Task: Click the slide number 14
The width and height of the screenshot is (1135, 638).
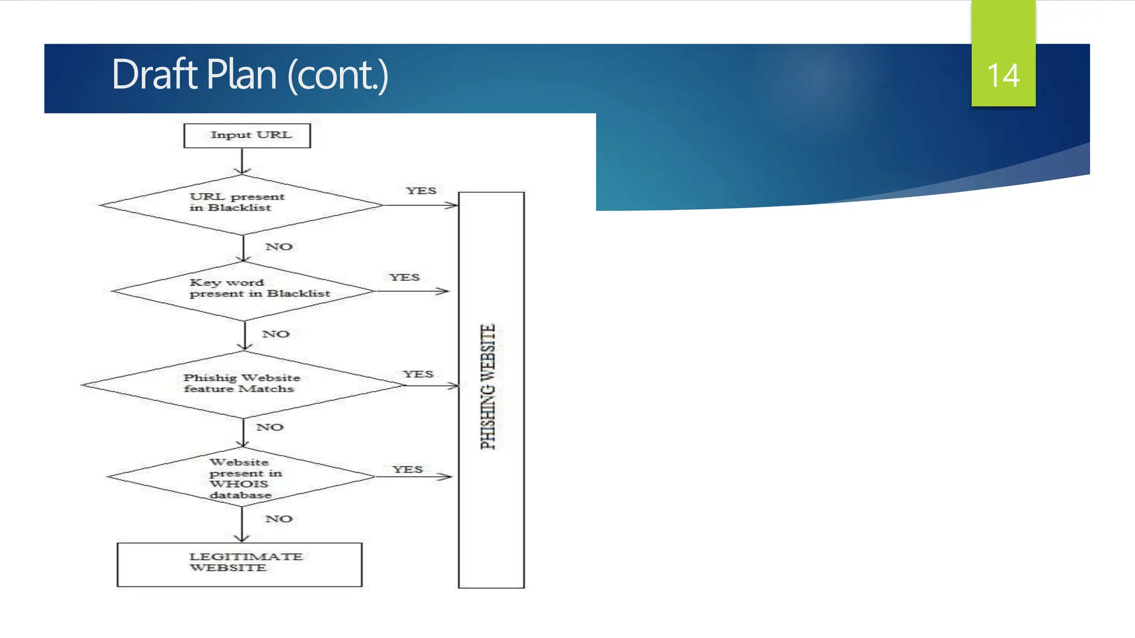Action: [1003, 75]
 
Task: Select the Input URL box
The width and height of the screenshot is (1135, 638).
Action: [247, 136]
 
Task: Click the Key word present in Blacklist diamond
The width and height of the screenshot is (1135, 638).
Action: [244, 291]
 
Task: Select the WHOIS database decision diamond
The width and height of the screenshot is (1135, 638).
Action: [241, 477]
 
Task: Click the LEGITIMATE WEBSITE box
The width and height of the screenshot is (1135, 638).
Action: [239, 564]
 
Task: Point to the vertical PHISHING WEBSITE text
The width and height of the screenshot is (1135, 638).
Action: [488, 387]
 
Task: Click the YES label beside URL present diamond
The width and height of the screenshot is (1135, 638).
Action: [421, 191]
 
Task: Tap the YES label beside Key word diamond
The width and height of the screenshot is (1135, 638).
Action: [404, 277]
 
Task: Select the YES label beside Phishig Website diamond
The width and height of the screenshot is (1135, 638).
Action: [418, 374]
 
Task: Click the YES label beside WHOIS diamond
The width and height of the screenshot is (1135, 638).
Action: [407, 470]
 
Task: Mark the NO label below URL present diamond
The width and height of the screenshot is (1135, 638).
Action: [278, 247]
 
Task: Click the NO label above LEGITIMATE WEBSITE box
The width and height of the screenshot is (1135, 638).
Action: [278, 519]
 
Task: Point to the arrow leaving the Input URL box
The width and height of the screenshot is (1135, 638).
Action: [242, 161]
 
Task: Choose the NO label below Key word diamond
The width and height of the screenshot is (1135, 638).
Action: [275, 334]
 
